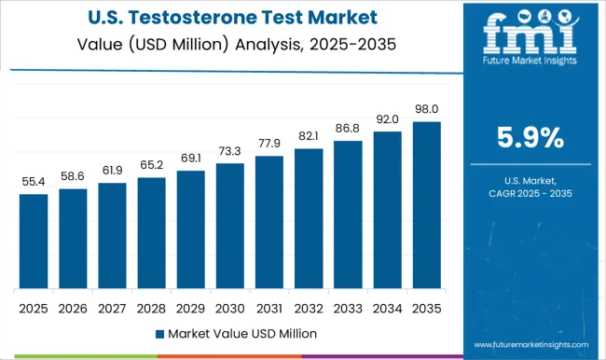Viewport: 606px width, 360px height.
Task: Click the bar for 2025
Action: [33, 241]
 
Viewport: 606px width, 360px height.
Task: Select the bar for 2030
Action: [229, 226]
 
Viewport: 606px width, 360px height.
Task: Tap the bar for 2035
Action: [426, 204]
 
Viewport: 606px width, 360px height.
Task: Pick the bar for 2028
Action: [151, 232]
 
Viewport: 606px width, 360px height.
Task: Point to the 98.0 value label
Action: [426, 109]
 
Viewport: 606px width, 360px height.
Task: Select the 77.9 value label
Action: [269, 144]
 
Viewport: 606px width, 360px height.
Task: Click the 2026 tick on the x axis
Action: [72, 307]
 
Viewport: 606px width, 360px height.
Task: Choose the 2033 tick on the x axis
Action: [347, 307]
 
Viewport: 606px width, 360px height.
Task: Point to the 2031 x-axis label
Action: [269, 307]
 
